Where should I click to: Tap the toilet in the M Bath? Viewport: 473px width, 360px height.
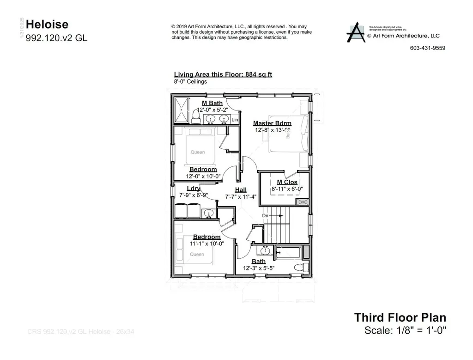[195, 118]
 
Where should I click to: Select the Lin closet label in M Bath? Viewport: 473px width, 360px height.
[235, 120]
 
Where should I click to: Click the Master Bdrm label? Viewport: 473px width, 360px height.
[272, 123]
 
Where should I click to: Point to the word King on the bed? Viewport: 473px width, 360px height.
[289, 134]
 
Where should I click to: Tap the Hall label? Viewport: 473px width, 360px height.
[240, 189]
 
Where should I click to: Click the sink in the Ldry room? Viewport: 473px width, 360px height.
[209, 213]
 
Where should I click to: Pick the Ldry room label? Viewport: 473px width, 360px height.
[193, 189]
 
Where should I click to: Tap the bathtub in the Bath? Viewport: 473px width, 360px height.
[288, 252]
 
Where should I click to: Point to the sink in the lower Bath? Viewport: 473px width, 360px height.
[265, 251]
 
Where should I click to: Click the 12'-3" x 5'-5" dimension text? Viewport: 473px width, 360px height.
[259, 268]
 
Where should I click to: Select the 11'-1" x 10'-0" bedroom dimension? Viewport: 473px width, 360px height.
[206, 244]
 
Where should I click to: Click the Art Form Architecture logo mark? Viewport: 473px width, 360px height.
[356, 33]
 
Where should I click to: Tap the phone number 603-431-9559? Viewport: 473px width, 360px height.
[427, 48]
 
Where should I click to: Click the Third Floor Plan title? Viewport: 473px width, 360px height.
[400, 317]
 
